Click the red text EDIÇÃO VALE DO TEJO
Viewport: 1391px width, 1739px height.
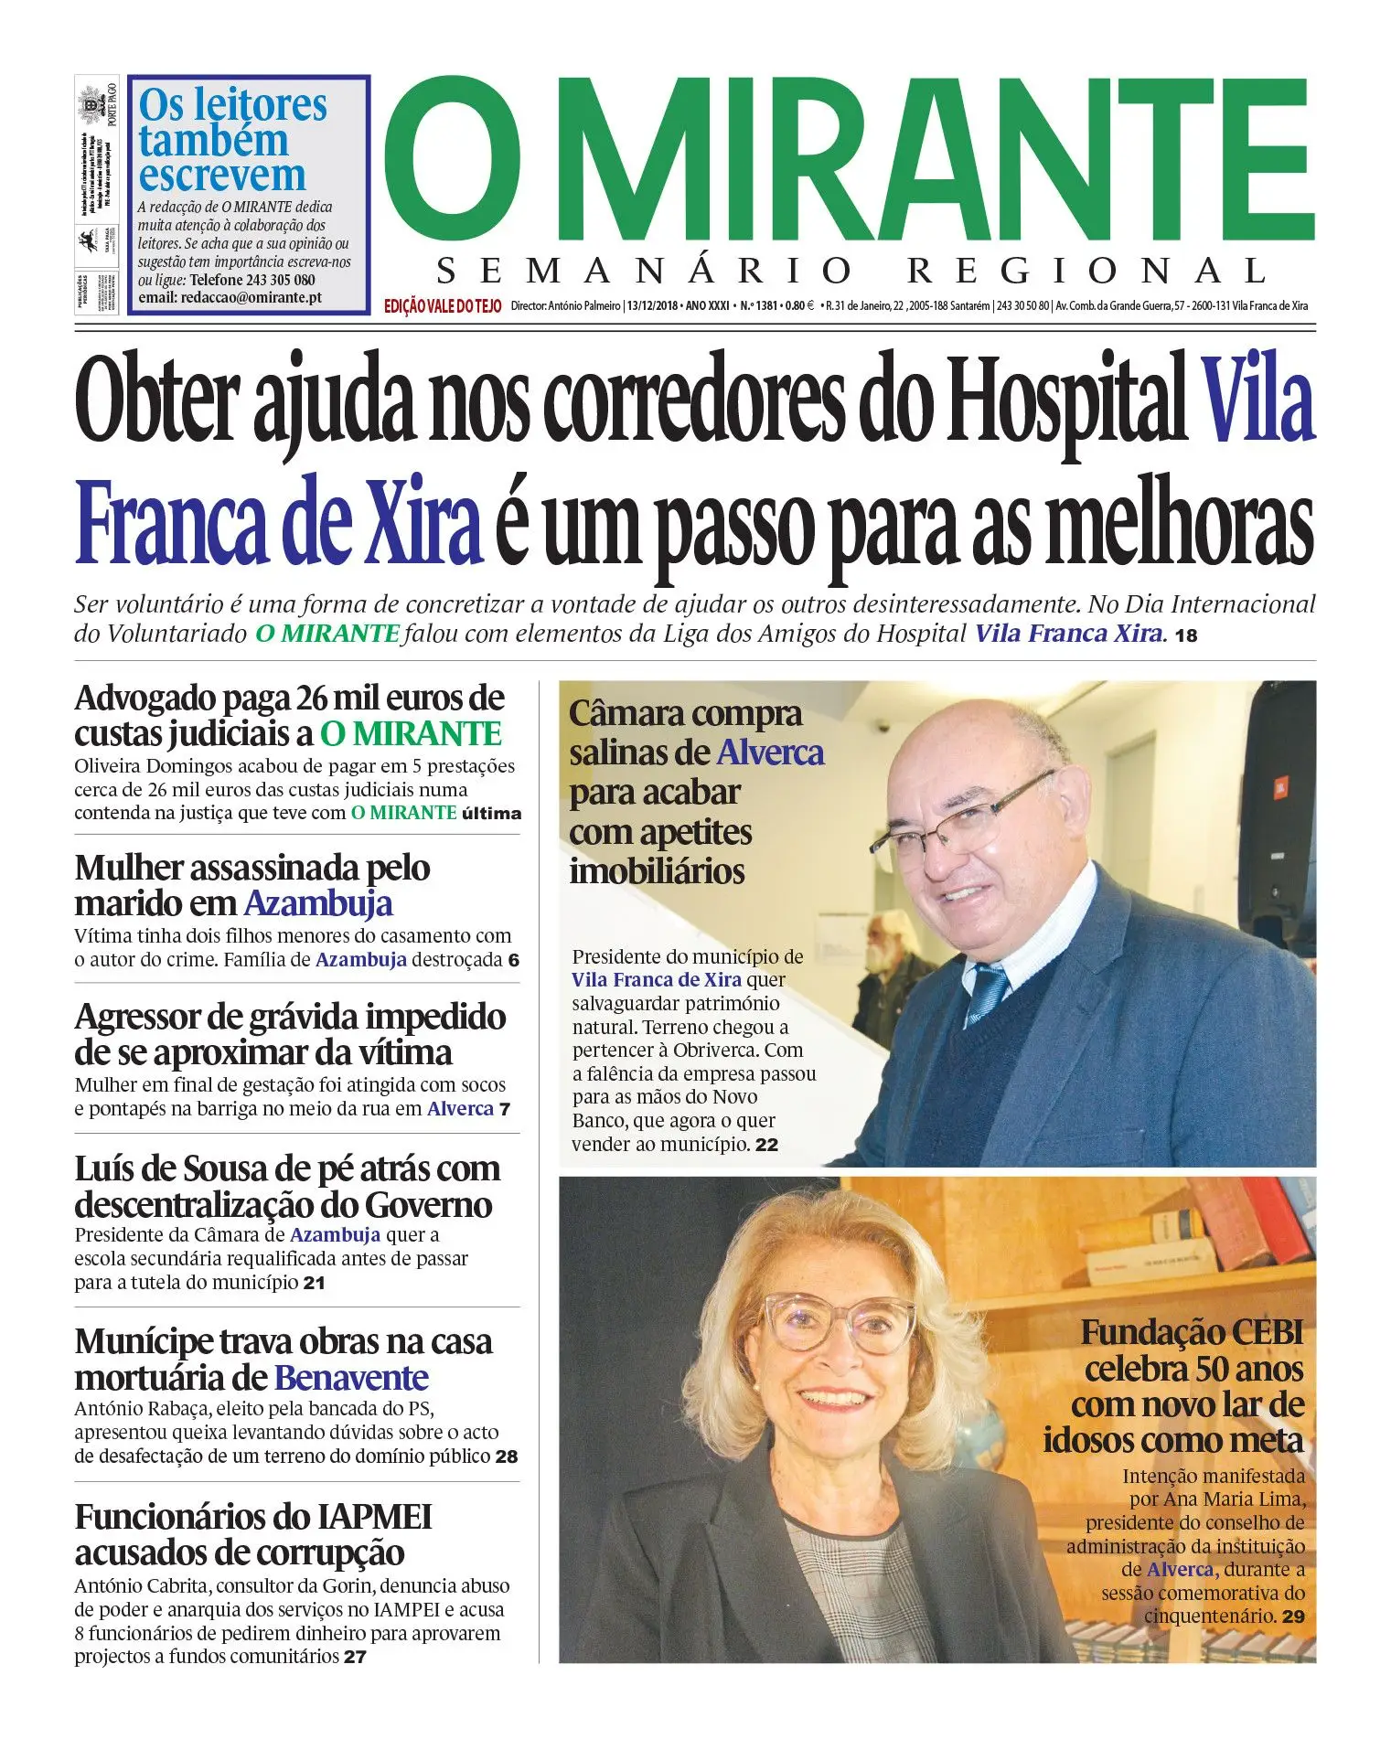(x=443, y=306)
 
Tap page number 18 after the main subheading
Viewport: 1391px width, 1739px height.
(x=1185, y=635)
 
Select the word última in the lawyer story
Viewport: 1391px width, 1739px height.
(x=491, y=813)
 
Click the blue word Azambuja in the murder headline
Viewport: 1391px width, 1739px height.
(x=317, y=903)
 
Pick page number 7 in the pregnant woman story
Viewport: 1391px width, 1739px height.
(x=505, y=1109)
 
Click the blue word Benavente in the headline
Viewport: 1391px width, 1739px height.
(x=351, y=1377)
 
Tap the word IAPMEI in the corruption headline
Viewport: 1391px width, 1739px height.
(x=374, y=1517)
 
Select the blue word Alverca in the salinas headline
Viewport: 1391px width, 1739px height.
(x=770, y=752)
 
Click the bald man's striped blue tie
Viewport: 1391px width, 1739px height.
(x=988, y=992)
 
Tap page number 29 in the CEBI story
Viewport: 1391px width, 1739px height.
(x=1293, y=1616)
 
